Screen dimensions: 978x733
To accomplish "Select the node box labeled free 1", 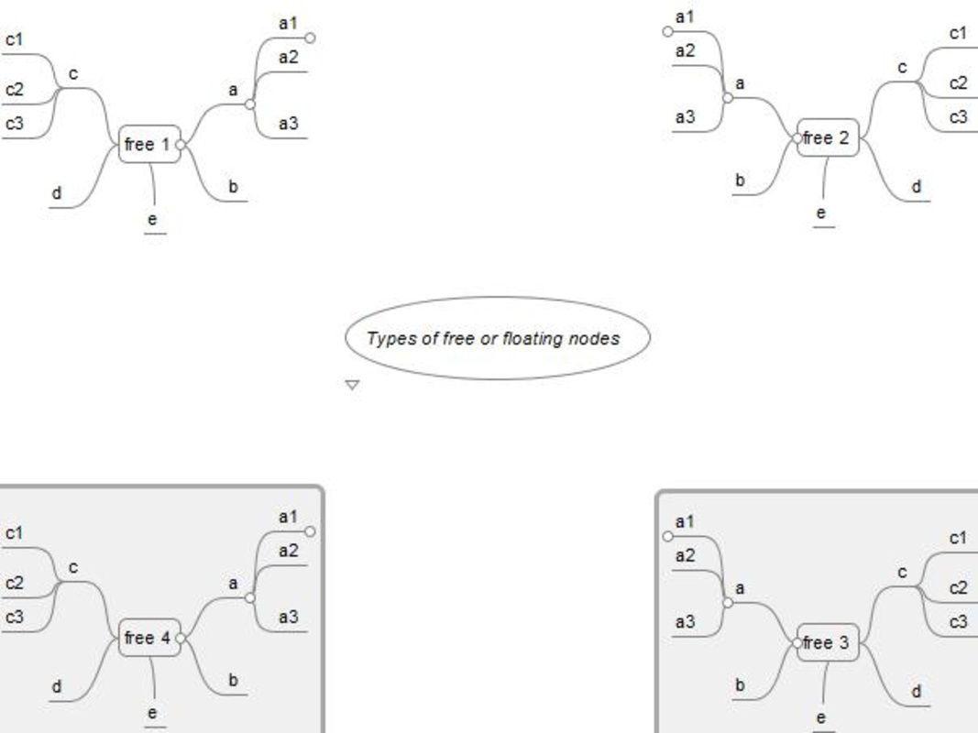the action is pyautogui.click(x=149, y=145).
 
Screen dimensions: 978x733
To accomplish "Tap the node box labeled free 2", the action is pyautogui.click(x=828, y=137).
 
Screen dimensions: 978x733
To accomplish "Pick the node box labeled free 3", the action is pyautogui.click(x=828, y=642).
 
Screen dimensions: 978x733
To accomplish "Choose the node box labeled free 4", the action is pyautogui.click(x=149, y=639).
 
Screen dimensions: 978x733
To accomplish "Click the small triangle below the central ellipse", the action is pyautogui.click(x=352, y=385).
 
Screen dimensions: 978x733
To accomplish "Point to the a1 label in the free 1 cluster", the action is pyautogui.click(x=288, y=24).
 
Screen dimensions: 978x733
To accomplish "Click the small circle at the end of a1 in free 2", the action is pyautogui.click(x=668, y=31).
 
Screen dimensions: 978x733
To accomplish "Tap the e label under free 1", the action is pyautogui.click(x=152, y=219).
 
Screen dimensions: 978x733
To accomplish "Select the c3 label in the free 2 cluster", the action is pyautogui.click(x=958, y=117).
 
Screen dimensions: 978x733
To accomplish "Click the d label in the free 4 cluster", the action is pyautogui.click(x=57, y=686).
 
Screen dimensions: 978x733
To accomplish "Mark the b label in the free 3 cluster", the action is pyautogui.click(x=740, y=685).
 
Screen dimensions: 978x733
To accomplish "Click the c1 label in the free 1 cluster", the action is pyautogui.click(x=15, y=40).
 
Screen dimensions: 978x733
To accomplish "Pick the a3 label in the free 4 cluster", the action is pyautogui.click(x=288, y=617).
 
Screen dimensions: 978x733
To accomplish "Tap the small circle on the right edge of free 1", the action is pyautogui.click(x=181, y=145).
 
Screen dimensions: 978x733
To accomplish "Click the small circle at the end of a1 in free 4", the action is pyautogui.click(x=310, y=531).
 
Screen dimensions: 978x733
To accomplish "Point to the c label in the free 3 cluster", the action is pyautogui.click(x=902, y=572).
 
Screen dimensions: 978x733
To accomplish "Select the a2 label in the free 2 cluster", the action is pyautogui.click(x=685, y=50).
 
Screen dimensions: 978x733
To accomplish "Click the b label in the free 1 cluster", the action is pyautogui.click(x=234, y=187).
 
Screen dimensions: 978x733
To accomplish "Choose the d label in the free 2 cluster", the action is pyautogui.click(x=917, y=186).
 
